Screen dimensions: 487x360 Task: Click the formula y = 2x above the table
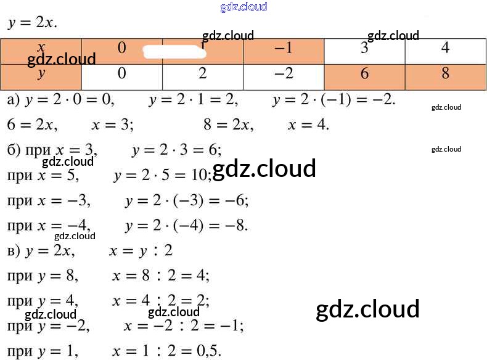pos(32,23)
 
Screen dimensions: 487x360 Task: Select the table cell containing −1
pos(284,49)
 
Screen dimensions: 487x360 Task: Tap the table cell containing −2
pos(284,74)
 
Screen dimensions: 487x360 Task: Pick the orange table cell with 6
pos(364,74)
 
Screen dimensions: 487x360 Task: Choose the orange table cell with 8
pos(445,74)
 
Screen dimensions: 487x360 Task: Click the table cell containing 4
pos(445,49)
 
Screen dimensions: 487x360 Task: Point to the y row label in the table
pos(41,74)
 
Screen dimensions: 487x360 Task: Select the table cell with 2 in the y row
pos(203,74)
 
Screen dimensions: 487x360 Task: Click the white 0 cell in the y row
pos(121,74)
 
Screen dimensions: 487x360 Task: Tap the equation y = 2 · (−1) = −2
pos(334,99)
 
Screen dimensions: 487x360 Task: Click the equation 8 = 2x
pos(227,125)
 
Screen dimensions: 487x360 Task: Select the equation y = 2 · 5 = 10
pos(162,175)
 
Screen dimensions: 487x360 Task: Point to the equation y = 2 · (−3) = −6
pos(186,200)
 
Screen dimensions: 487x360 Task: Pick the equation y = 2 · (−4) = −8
pos(186,226)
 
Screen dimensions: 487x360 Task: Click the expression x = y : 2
pos(141,251)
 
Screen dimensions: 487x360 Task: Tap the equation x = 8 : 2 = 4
pos(160,276)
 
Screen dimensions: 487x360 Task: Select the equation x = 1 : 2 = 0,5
pos(166,351)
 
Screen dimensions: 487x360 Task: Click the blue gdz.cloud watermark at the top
pos(243,7)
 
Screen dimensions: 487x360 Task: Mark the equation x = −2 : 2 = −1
pos(183,325)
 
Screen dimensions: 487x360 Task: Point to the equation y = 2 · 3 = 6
pos(176,150)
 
